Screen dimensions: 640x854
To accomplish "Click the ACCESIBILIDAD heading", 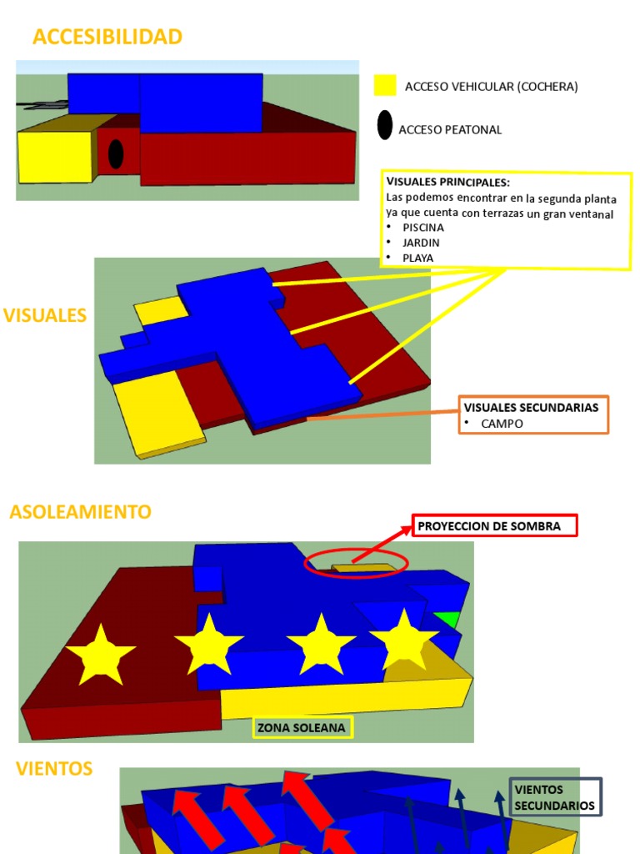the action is [x=107, y=37].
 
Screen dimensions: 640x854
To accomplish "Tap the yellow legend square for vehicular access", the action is [x=385, y=86].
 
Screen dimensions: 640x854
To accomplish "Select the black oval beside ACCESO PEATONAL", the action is [x=385, y=125].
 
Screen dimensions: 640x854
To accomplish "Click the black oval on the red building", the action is [x=116, y=154].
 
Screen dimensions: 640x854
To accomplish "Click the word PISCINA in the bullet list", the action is [x=422, y=228].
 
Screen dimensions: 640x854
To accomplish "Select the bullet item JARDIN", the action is [x=421, y=243].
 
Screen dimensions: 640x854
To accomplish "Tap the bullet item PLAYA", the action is [x=417, y=259].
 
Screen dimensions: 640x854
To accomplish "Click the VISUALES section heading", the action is [x=45, y=315].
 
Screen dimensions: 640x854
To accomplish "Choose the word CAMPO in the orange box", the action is [x=502, y=424].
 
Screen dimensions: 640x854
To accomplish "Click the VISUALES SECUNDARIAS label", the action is [x=531, y=407].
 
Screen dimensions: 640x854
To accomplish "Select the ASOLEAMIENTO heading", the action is [x=81, y=512].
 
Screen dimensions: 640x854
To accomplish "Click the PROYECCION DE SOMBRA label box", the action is [x=494, y=525].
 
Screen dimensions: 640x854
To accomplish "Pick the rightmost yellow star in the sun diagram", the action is [x=404, y=640].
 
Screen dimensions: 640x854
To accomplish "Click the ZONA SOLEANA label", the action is [x=302, y=727].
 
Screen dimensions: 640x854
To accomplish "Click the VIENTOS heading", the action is [x=54, y=768].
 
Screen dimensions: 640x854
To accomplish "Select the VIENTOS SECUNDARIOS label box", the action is [x=555, y=797].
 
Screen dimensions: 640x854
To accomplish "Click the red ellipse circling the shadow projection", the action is [x=304, y=563].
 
